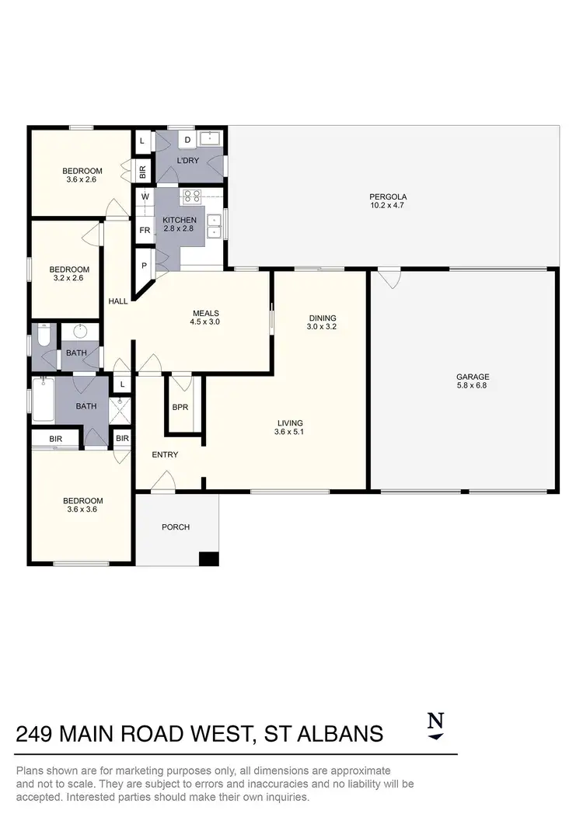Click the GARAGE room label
click(x=473, y=377)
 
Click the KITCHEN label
click(x=180, y=220)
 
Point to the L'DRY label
click(x=188, y=160)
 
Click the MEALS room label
click(x=206, y=312)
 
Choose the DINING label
click(x=322, y=318)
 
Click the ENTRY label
click(x=166, y=454)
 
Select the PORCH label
click(x=175, y=527)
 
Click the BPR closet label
click(x=181, y=407)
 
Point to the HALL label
click(x=118, y=301)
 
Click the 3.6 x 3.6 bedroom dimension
click(x=82, y=510)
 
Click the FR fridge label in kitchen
click(x=145, y=230)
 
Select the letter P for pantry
click(x=145, y=265)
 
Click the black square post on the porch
click(x=208, y=558)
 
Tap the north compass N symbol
click(x=436, y=720)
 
